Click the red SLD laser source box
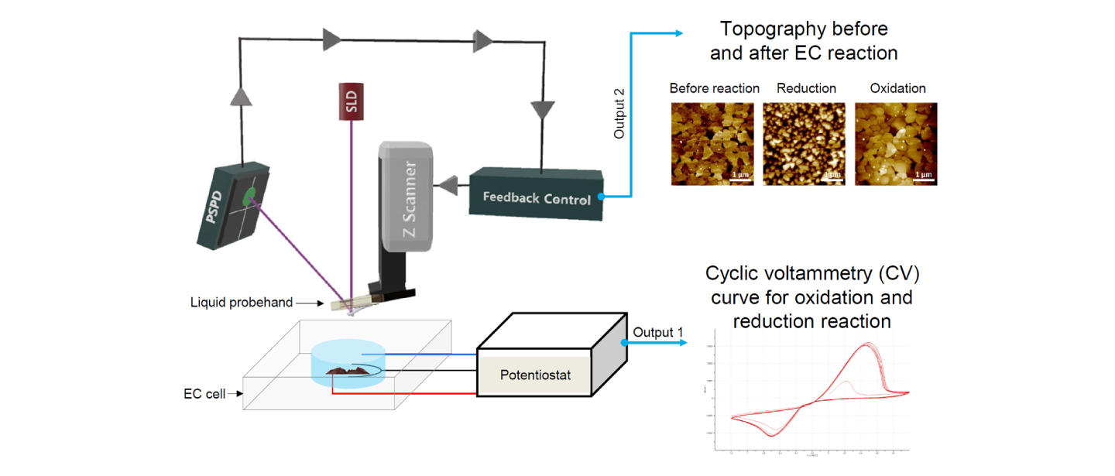pyautogui.click(x=352, y=101)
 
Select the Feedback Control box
pyautogui.click(x=536, y=197)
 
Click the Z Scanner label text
pyautogui.click(x=410, y=200)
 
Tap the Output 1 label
pyautogui.click(x=658, y=333)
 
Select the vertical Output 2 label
pyautogui.click(x=619, y=113)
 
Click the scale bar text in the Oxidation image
pyautogui.click(x=922, y=175)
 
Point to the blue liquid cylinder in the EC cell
pyautogui.click(x=348, y=360)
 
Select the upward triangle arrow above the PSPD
pyautogui.click(x=242, y=93)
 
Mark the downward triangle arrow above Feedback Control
pyautogui.click(x=535, y=104)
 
